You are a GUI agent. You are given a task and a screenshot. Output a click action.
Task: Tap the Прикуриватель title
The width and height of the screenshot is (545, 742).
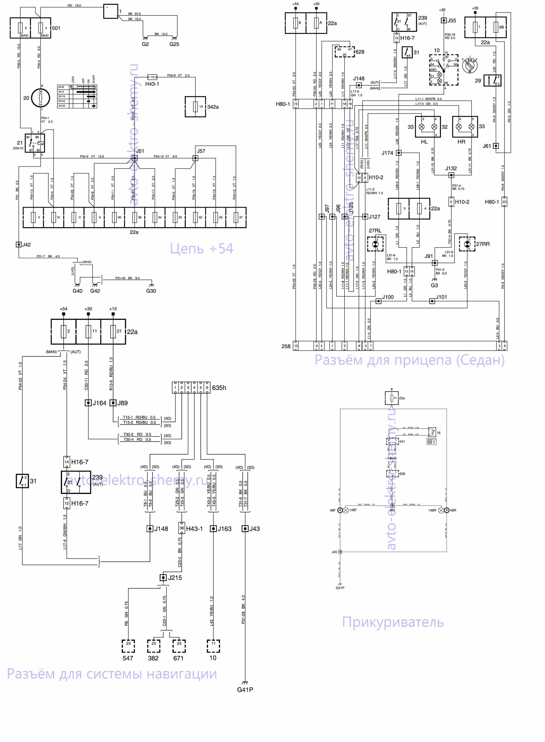tap(393, 622)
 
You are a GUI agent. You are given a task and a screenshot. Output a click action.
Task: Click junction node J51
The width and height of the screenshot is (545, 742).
tap(134, 158)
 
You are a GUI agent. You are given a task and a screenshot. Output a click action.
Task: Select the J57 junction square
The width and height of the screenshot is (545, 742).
tap(195, 158)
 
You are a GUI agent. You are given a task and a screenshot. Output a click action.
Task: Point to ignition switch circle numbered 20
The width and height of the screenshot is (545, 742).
tap(41, 98)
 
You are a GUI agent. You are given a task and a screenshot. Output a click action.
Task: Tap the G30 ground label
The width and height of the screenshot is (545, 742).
tap(151, 291)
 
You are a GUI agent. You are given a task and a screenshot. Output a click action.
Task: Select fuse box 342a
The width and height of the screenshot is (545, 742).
tap(195, 107)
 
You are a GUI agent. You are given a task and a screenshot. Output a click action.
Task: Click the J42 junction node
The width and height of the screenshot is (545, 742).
tap(19, 245)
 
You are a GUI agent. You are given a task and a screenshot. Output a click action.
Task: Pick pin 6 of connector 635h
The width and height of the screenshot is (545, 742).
tap(207, 388)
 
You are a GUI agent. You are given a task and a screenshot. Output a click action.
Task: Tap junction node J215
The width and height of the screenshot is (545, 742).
tap(163, 577)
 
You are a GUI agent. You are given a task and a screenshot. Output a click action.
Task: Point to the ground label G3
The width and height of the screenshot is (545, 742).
tap(434, 285)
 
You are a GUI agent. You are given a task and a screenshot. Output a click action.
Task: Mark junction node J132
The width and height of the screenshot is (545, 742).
tap(451, 175)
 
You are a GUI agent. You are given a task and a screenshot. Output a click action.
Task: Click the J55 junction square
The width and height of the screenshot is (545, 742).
tap(444, 21)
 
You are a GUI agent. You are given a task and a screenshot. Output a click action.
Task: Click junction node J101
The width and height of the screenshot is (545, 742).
tap(432, 301)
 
